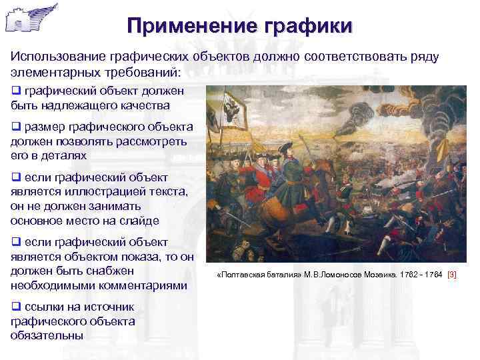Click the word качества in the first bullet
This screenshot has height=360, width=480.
point(146,105)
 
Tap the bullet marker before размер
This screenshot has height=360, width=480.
point(16,127)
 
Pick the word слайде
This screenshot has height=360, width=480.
point(139,221)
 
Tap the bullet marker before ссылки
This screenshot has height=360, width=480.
point(16,307)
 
